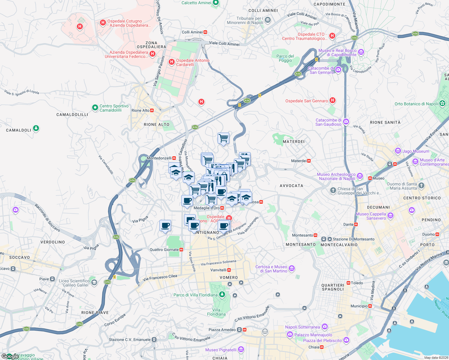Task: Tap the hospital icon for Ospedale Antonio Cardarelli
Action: point(172,62)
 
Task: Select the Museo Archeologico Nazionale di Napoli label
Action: point(336,176)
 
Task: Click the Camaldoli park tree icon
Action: point(36,128)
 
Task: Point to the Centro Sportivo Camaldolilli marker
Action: point(95,107)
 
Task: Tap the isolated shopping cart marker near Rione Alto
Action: point(223,139)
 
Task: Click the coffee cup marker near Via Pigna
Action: point(165,226)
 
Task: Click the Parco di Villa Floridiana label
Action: point(195,295)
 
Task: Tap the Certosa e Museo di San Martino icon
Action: point(292,268)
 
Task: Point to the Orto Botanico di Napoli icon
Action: point(442,103)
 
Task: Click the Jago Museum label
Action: point(416,151)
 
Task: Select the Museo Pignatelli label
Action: point(221,350)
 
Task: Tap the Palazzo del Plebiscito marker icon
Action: point(346,340)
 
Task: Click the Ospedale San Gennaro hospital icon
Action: point(333,100)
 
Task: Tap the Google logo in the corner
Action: point(10,356)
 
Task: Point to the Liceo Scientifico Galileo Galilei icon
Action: point(94,282)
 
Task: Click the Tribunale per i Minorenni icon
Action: point(268,20)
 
